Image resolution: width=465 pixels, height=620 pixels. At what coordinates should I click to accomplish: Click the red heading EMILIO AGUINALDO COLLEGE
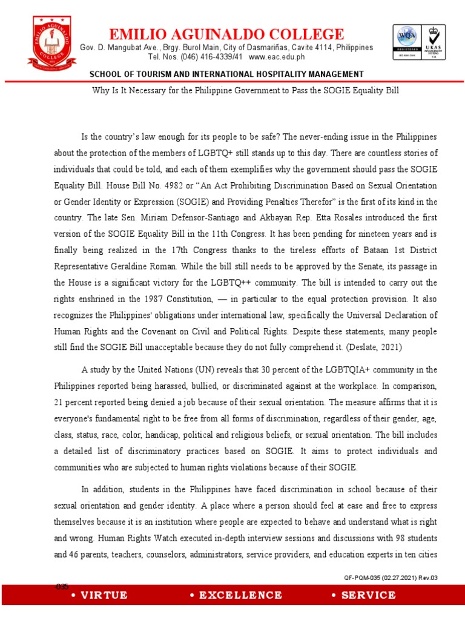226,34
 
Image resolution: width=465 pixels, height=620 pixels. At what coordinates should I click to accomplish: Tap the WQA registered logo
406,43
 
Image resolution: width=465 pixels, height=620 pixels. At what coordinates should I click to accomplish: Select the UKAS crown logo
434,43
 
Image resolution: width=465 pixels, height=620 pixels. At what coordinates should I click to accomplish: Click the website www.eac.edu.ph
277,57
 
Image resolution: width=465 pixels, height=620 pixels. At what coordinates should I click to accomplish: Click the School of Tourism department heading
226,74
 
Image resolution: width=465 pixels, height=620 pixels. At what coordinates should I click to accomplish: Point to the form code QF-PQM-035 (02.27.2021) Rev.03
390,578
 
